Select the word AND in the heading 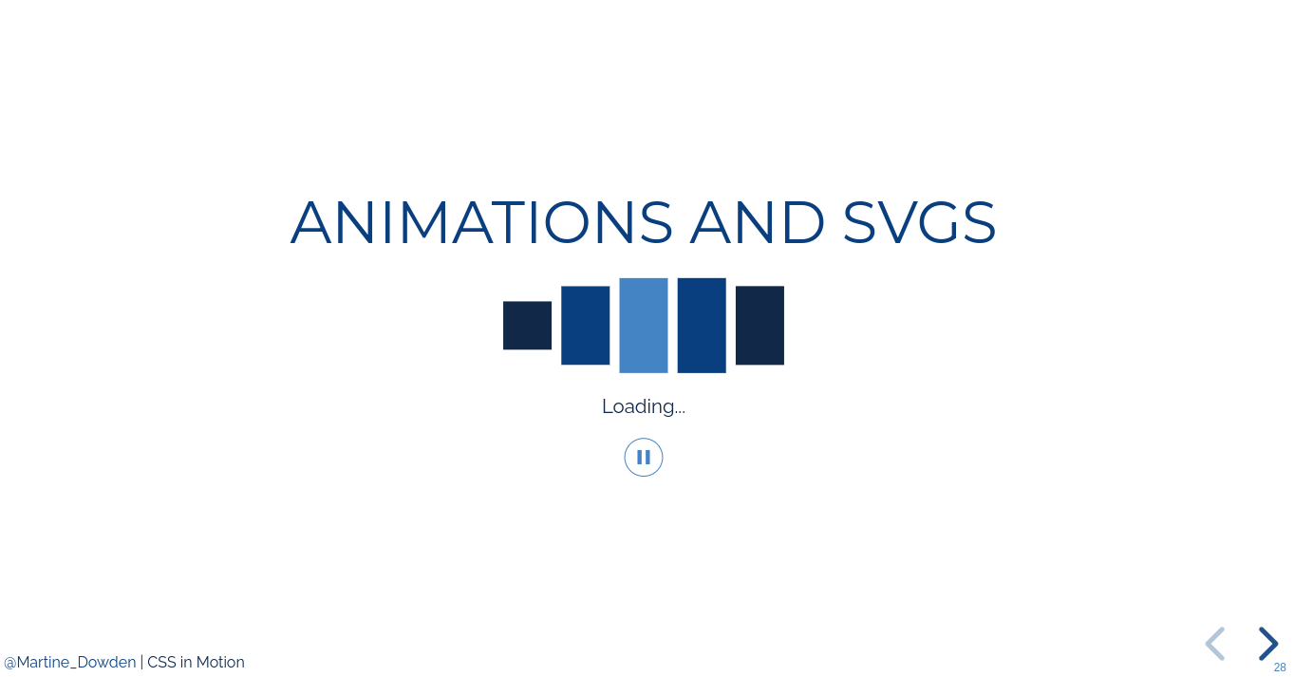coord(758,223)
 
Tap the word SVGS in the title coord(919,223)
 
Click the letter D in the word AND coord(803,223)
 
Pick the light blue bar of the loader coord(644,325)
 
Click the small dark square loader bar coord(527,325)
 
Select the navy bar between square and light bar coord(585,325)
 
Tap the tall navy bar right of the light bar coord(702,325)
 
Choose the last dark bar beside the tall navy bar coord(760,325)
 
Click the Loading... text coord(643,406)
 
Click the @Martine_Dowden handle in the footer coord(70,663)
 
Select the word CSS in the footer coord(161,663)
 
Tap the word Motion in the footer coord(220,663)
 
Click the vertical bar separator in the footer coord(141,663)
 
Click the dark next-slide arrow coord(1268,644)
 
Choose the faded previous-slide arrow coord(1214,644)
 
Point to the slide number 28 coord(1280,668)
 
